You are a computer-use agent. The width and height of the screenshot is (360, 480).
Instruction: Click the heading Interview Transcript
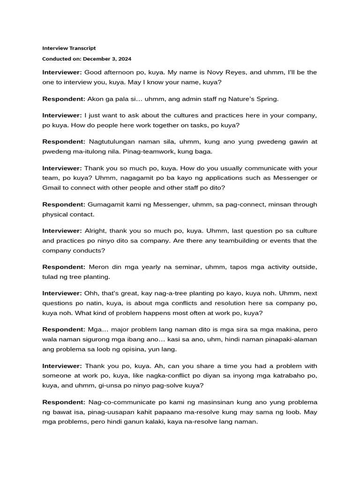(x=69, y=48)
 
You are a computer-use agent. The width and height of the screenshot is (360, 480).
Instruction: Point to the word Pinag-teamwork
(x=168, y=152)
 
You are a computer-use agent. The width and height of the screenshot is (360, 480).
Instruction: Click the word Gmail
(x=51, y=187)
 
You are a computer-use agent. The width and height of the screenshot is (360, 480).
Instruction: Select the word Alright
(x=95, y=231)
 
